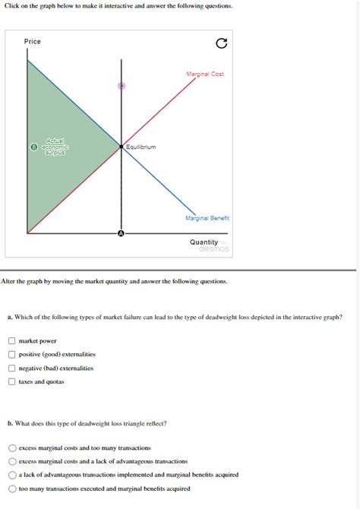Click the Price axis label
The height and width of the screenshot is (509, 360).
(x=32, y=41)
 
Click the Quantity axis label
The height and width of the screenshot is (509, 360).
(x=204, y=242)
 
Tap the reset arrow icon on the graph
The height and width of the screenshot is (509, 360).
(x=221, y=44)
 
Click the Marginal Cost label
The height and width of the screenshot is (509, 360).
(x=204, y=74)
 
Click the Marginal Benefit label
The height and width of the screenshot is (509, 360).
(x=207, y=218)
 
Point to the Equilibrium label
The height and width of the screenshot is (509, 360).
(x=141, y=147)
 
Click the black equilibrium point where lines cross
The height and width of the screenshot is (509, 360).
(x=121, y=146)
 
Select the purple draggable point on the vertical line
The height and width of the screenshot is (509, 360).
(x=121, y=86)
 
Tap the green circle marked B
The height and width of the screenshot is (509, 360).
(x=33, y=146)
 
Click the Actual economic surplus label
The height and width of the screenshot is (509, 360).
(x=56, y=146)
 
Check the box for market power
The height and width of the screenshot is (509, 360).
(x=12, y=341)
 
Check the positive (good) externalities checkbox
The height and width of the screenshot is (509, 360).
(x=12, y=354)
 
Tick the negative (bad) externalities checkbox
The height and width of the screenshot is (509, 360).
(x=12, y=368)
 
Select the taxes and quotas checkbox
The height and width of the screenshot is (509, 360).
(x=12, y=381)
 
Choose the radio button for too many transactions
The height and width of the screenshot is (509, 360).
(x=12, y=447)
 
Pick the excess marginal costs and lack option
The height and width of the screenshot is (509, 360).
(x=12, y=461)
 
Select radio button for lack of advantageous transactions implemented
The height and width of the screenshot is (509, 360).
(x=12, y=475)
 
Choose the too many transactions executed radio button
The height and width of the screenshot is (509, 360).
(x=12, y=488)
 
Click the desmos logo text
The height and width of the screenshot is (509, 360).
(x=213, y=249)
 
